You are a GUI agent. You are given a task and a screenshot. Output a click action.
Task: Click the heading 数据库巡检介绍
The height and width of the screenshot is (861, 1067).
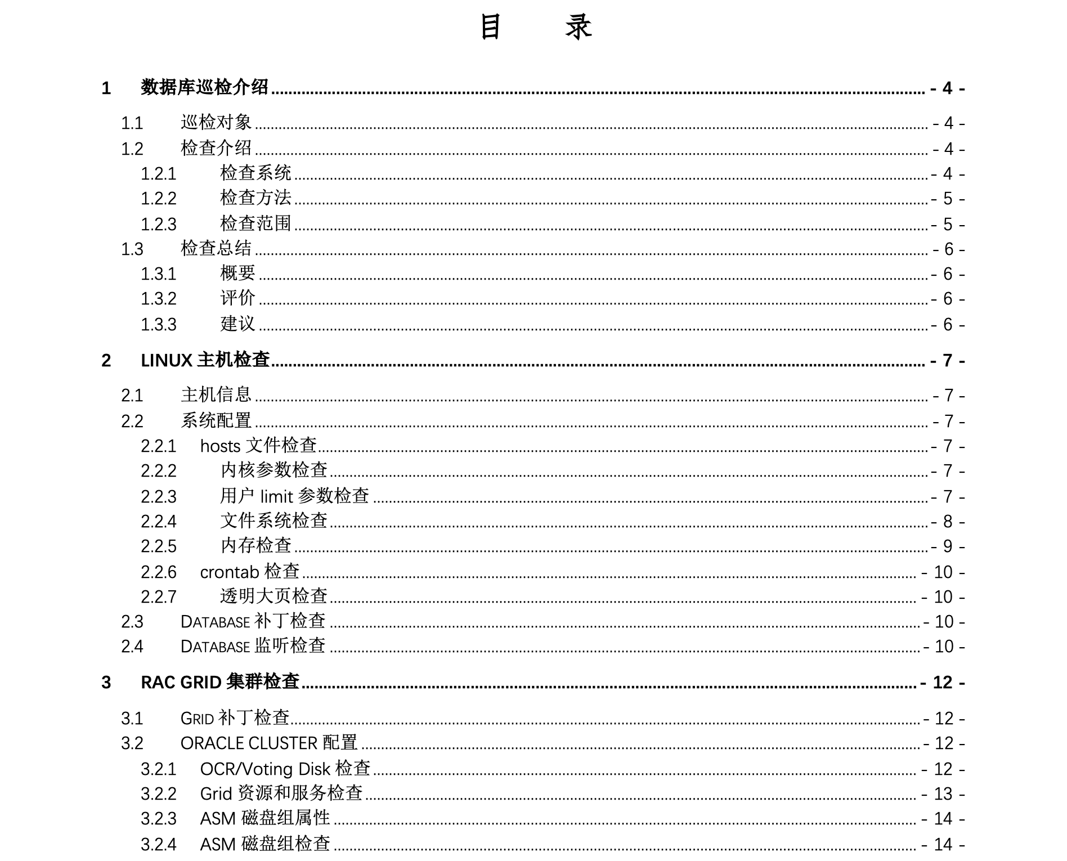204,88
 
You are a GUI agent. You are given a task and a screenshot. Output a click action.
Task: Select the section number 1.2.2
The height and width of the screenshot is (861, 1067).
158,199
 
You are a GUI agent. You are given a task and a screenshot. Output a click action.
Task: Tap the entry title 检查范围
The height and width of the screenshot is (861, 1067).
255,223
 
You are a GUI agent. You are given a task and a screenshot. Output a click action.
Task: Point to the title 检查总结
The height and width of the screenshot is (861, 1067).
216,248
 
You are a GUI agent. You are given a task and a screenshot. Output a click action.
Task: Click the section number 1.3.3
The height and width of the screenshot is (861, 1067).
158,325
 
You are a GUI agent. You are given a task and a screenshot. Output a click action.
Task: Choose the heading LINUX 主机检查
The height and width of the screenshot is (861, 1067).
205,360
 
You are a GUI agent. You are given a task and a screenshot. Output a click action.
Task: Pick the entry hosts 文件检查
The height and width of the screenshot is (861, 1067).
258,446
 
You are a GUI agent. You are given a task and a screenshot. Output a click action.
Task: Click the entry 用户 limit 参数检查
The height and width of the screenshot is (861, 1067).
294,496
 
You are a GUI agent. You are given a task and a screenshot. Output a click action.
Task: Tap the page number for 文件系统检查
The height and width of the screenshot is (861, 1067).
948,522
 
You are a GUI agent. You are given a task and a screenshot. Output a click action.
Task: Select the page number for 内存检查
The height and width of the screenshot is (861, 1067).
948,546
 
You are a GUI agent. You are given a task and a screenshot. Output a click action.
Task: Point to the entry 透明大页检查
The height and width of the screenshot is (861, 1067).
274,596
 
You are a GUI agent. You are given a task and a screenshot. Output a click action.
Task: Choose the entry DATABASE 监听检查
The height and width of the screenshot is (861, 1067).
253,646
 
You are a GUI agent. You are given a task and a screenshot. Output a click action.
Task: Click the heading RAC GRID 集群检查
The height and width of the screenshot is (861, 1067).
219,682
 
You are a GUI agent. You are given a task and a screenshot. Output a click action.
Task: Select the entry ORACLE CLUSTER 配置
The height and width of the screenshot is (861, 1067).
269,743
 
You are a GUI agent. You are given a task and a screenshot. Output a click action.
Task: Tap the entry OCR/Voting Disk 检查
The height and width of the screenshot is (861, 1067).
285,769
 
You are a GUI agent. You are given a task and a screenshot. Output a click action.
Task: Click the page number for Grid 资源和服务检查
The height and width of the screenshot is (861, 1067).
943,794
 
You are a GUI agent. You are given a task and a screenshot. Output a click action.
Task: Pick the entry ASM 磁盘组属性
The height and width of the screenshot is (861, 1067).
265,818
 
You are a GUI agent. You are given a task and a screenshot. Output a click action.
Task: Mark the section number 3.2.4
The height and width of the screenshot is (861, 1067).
158,844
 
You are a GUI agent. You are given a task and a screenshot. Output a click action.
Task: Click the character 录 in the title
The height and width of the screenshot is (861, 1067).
579,27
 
